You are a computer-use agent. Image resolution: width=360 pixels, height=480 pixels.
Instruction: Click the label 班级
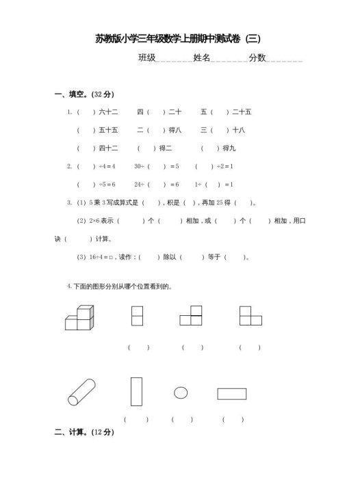click(146, 58)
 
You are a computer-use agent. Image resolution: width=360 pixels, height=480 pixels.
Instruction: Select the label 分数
click(257, 58)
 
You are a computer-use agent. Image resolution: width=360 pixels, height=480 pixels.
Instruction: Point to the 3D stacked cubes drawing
click(79, 318)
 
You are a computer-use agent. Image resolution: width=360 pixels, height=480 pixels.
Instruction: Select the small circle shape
click(180, 392)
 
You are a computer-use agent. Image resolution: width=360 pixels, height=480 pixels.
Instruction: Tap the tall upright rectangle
click(136, 391)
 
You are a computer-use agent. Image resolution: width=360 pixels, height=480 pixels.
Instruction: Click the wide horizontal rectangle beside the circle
click(232, 393)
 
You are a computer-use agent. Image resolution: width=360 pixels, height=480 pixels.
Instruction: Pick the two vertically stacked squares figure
click(136, 316)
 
